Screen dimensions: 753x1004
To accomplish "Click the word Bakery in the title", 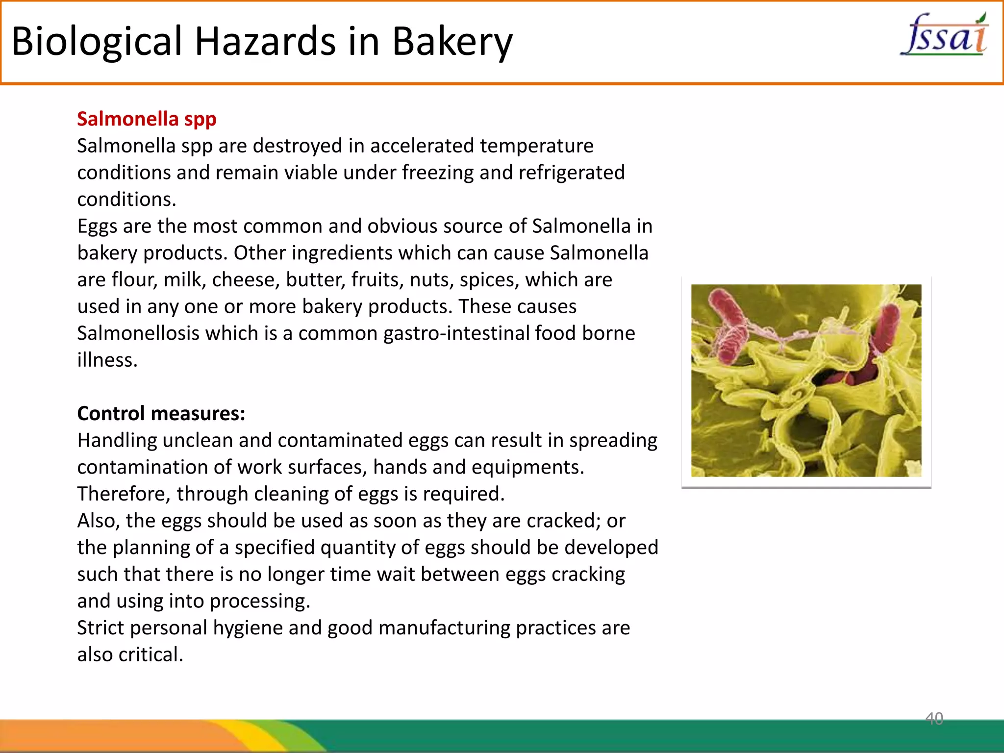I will click(452, 41).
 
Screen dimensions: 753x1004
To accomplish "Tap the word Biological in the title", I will click(97, 41).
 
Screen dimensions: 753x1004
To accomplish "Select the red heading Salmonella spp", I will click(147, 119).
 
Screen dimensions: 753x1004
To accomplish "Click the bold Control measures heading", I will click(161, 413).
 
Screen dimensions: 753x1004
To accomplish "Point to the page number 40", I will click(934, 718).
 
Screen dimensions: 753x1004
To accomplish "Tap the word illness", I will click(107, 360).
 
